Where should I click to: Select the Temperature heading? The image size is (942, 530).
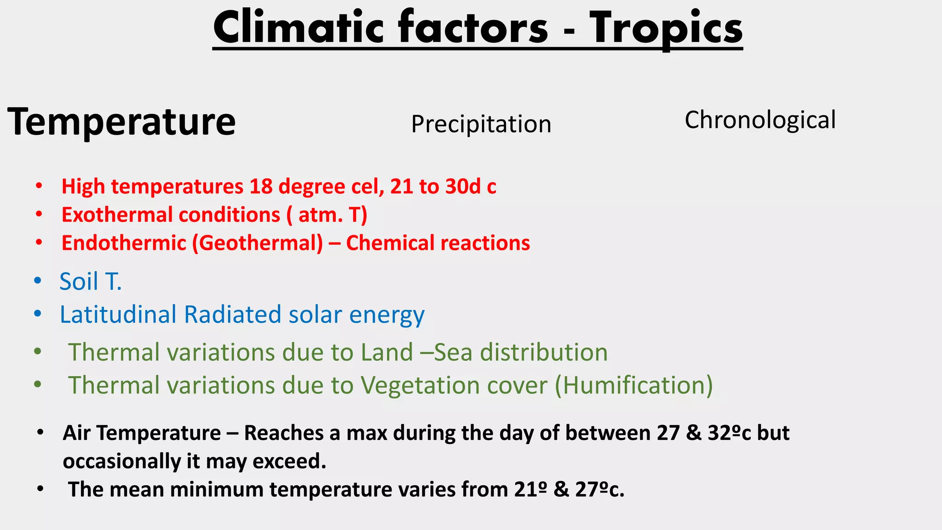pyautogui.click(x=121, y=121)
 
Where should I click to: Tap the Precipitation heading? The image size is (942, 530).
pyautogui.click(x=481, y=124)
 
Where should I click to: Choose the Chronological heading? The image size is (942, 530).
pyautogui.click(x=760, y=120)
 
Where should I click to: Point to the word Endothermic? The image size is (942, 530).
pyautogui.click(x=124, y=243)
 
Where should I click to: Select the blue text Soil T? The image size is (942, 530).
pyautogui.click(x=91, y=281)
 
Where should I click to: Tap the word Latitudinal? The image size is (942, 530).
pyautogui.click(x=118, y=315)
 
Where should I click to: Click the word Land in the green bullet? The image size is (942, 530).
pyautogui.click(x=386, y=352)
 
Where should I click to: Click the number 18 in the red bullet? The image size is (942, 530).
pyautogui.click(x=261, y=187)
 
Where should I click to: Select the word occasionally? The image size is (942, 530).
pyautogui.click(x=121, y=461)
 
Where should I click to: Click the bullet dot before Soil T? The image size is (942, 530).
pyautogui.click(x=38, y=281)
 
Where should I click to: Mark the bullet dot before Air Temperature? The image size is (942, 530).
pyautogui.click(x=40, y=432)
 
